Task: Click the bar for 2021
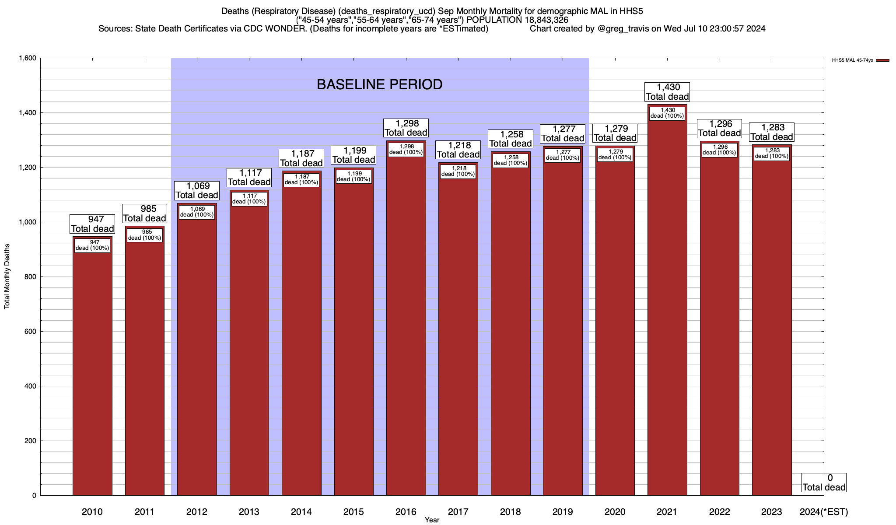(x=667, y=306)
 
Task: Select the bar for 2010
(x=92, y=372)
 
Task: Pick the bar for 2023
(x=772, y=328)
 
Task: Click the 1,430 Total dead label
(x=667, y=92)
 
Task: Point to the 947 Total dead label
(x=92, y=224)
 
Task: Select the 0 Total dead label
(x=824, y=483)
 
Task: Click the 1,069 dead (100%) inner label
(x=197, y=212)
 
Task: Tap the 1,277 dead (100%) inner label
(x=563, y=155)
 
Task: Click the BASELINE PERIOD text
(x=379, y=84)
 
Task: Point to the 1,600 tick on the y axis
(x=27, y=58)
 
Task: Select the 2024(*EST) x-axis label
(x=823, y=512)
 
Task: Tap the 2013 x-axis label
(x=249, y=512)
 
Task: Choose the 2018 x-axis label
(x=510, y=512)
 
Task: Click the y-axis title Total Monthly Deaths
(x=7, y=276)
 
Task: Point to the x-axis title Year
(x=432, y=520)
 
